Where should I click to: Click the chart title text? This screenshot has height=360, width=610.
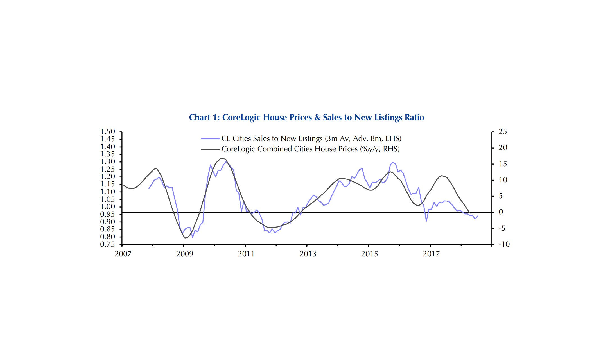tap(306, 117)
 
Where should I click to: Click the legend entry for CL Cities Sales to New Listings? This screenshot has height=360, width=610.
tap(311, 138)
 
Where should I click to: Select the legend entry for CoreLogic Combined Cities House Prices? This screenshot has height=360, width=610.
tap(310, 149)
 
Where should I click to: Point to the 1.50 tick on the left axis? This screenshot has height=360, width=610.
tap(108, 132)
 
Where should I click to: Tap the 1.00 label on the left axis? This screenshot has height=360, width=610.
tap(108, 207)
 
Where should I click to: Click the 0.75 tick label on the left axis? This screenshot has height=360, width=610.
tap(108, 244)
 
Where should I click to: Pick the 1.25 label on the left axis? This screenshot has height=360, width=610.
tap(108, 169)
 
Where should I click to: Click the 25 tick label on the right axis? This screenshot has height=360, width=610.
tap(503, 132)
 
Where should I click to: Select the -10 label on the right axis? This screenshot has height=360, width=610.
tap(504, 244)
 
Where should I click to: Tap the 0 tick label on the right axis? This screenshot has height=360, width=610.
tap(501, 212)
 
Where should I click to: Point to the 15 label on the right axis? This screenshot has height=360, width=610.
tap(503, 164)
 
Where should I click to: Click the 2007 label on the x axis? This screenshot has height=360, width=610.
tap(123, 254)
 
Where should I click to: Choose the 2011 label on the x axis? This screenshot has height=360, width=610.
tap(246, 254)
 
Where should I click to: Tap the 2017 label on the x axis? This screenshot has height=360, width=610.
tap(431, 254)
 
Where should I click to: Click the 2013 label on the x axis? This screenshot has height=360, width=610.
tap(308, 254)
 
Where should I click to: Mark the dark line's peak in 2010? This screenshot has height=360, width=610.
tap(223, 158)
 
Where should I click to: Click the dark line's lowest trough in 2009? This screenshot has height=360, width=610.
tap(185, 238)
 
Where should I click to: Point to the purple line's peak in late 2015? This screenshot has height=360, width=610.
tap(393, 163)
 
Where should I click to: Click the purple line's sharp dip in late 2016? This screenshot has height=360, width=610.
tap(426, 221)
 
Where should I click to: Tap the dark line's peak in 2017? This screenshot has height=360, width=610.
tap(442, 175)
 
